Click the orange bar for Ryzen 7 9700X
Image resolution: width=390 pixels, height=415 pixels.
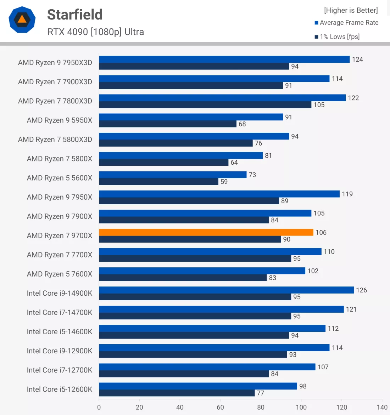(206, 232)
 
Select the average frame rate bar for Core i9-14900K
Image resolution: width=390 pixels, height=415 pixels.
(226, 290)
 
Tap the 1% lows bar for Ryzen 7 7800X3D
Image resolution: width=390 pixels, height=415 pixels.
(205, 105)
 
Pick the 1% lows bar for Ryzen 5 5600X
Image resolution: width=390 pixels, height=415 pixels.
(158, 182)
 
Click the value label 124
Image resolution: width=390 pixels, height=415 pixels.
(357, 59)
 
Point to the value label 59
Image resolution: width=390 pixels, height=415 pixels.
(224, 182)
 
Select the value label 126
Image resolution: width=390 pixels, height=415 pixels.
(361, 290)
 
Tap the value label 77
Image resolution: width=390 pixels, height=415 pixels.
(261, 393)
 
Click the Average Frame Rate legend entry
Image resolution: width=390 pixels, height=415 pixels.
(349, 23)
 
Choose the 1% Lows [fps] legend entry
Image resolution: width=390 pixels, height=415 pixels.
(339, 36)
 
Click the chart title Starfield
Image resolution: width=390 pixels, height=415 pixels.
(75, 15)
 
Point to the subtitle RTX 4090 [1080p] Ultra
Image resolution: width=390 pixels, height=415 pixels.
(96, 32)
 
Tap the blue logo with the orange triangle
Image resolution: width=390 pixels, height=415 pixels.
(22, 19)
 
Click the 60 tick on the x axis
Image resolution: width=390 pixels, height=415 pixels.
(220, 407)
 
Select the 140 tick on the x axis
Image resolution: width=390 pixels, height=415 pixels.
(382, 407)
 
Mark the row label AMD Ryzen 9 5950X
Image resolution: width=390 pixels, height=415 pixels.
(60, 120)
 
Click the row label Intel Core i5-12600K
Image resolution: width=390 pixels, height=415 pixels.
(60, 390)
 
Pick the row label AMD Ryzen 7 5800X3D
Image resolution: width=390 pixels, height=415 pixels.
(55, 140)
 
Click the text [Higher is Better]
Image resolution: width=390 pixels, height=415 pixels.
(351, 10)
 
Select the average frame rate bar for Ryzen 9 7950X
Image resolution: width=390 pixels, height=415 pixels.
(219, 194)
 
